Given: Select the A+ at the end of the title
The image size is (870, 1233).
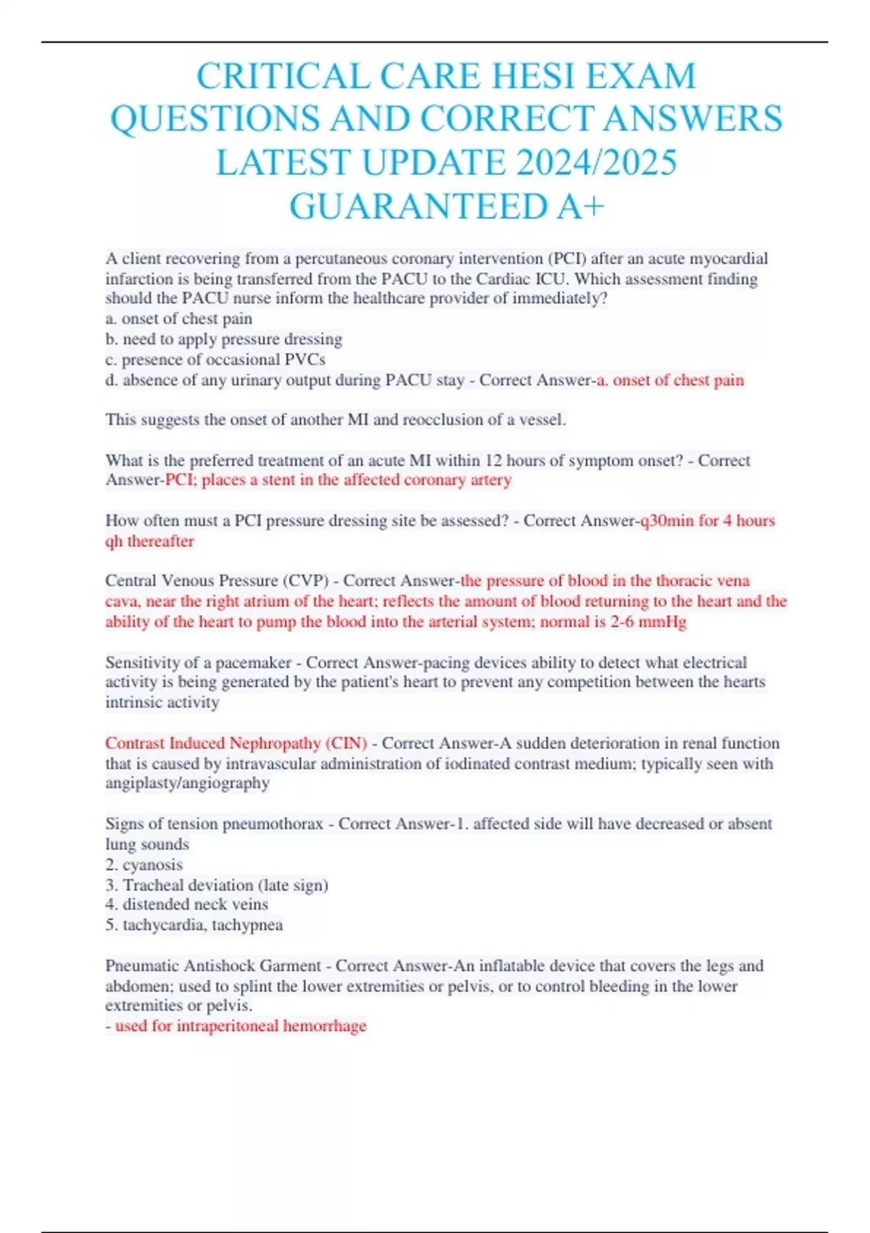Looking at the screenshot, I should click(580, 206).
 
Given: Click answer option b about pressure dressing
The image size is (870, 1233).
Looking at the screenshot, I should click(224, 339).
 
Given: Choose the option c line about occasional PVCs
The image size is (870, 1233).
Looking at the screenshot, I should click(215, 360).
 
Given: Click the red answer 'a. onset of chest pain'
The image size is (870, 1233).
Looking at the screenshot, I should click(671, 380).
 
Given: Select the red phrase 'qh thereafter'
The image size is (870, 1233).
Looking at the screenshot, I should click(149, 541).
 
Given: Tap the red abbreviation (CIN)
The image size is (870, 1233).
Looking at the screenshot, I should click(346, 743).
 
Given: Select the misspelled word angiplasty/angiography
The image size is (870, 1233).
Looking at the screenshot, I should click(187, 783).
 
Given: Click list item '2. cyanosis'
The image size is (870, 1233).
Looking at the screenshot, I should click(144, 865).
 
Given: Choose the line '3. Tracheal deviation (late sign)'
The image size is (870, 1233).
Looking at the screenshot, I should click(216, 885).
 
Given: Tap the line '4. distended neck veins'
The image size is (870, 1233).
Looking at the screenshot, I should click(186, 904).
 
